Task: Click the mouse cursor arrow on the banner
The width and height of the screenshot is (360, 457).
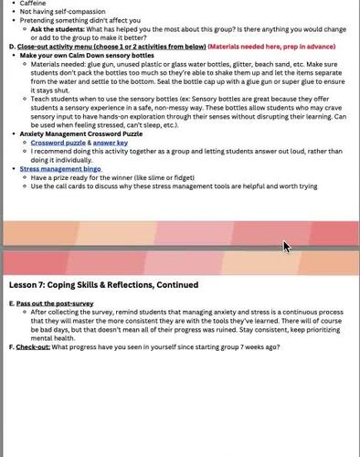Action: pos(285,246)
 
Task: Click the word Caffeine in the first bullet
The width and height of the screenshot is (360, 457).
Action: pos(33,4)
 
